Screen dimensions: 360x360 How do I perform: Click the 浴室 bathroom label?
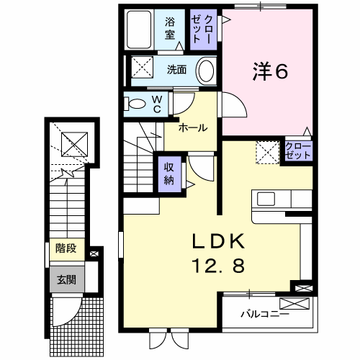[170, 29]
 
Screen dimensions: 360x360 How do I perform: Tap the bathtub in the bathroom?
[139, 30]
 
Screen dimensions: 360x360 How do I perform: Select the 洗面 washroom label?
[176, 70]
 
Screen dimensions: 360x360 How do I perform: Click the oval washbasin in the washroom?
[206, 71]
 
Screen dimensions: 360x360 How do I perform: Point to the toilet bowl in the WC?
[135, 104]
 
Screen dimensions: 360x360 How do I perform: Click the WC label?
[157, 104]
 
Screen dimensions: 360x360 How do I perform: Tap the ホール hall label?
[193, 127]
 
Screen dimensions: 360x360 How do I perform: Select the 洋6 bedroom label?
[270, 71]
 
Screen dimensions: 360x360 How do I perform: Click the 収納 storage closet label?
[169, 174]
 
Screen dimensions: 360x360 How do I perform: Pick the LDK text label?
[218, 241]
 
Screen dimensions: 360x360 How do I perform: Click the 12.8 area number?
[218, 266]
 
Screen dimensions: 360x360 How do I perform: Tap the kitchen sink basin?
[266, 199]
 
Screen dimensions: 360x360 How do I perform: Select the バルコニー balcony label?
[265, 314]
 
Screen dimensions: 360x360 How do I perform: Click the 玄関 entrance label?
[66, 280]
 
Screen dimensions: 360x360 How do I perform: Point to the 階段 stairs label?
[66, 248]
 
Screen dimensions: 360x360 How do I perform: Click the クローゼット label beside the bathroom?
[203, 29]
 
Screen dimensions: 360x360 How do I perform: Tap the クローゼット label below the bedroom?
[298, 151]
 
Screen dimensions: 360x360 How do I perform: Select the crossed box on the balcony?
[294, 303]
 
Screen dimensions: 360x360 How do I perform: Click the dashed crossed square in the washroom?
[142, 67]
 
